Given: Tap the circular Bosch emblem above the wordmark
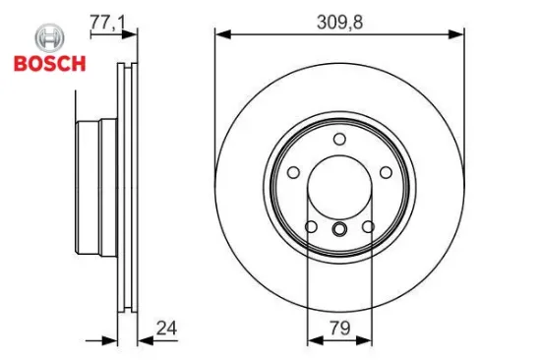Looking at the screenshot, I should point(48,40).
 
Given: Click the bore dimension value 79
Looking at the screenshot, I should point(339,328).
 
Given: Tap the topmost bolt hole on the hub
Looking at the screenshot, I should point(339,139).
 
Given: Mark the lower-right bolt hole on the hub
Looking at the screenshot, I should point(368,228).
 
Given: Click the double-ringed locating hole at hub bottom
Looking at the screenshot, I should point(339,230).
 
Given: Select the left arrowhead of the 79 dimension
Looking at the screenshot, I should point(313,340).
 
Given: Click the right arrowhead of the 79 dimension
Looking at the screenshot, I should point(366,340).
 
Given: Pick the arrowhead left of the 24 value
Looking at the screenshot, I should point(111,340).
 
